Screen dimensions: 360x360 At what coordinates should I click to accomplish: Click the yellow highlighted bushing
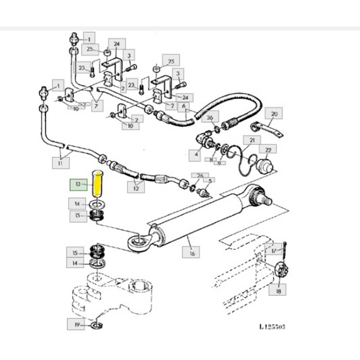click(x=98, y=182)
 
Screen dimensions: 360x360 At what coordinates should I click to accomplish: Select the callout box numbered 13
click(x=78, y=184)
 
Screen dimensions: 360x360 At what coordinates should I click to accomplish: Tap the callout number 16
click(x=192, y=253)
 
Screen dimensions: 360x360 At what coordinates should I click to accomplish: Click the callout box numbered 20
click(x=274, y=114)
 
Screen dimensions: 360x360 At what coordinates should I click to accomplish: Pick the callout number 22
click(x=267, y=150)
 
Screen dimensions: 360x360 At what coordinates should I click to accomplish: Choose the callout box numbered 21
click(x=252, y=140)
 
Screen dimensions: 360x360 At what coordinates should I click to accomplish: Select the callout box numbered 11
click(x=61, y=164)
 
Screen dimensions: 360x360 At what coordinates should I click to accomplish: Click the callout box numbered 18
click(x=279, y=291)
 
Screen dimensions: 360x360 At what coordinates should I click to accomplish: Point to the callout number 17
click(x=274, y=251)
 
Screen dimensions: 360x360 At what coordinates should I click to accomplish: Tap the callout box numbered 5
click(x=209, y=181)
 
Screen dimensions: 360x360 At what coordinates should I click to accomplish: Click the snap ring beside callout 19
click(x=96, y=326)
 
